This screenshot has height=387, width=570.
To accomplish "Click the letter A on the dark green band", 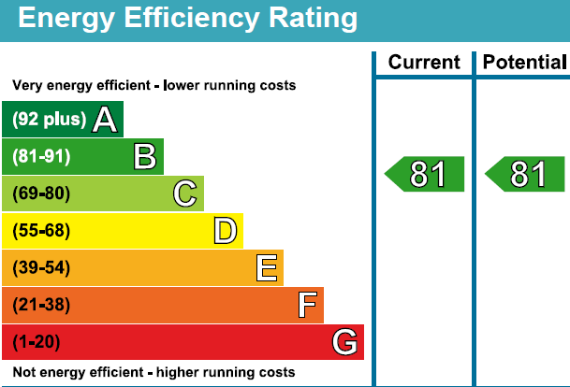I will click(105, 120).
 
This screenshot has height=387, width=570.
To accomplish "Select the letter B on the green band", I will click(144, 156).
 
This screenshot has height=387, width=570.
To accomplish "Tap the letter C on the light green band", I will click(185, 193).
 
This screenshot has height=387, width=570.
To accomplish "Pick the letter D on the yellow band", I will click(225, 231).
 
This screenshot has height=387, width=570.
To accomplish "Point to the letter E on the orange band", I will click(266, 268).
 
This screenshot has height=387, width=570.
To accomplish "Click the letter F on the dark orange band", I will click(306, 305).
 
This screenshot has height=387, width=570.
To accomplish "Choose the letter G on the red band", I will click(345, 342).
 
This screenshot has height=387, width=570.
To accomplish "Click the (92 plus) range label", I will click(50, 120).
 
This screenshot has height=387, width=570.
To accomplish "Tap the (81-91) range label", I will click(41, 157).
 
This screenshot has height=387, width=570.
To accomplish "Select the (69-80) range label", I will click(41, 193).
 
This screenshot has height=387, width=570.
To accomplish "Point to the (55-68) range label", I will click(41, 231).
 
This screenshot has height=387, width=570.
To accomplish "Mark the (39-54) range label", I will click(41, 268).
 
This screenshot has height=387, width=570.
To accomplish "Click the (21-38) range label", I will click(41, 305).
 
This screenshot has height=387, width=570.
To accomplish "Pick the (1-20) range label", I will click(37, 342).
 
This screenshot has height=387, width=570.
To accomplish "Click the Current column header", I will click(424, 63).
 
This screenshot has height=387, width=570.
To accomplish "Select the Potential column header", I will click(525, 63).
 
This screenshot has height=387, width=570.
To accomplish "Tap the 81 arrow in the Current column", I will click(425, 174).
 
